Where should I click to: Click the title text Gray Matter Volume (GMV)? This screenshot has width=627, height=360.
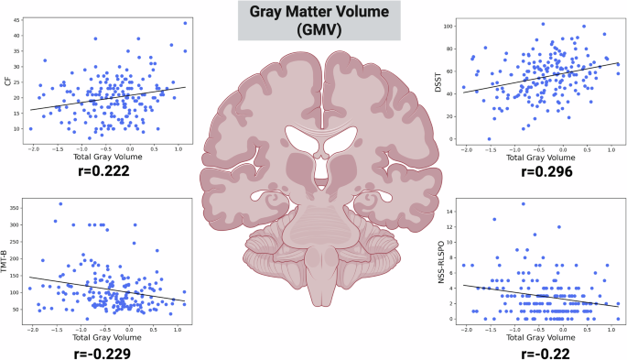tap(314, 19)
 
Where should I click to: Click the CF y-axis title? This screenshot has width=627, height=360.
tap(7, 83)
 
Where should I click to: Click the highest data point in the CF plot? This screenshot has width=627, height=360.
tap(184, 23)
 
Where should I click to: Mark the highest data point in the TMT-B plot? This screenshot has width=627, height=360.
tap(60, 204)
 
